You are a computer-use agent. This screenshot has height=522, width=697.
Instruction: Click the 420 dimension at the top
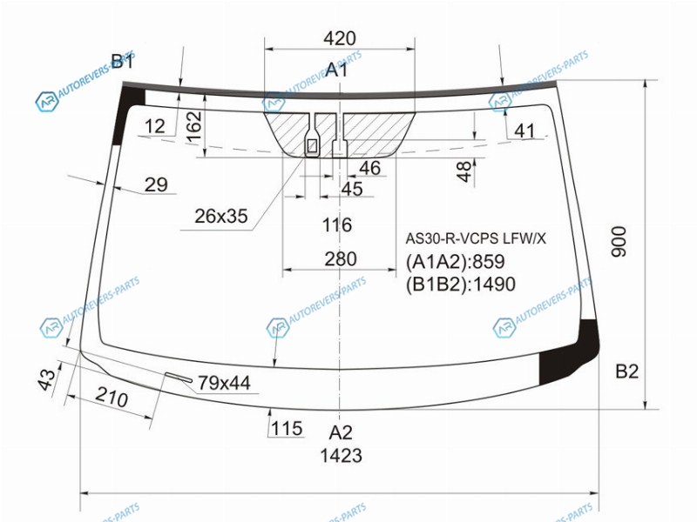pos(340,38)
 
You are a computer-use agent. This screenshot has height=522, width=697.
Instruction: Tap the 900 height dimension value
pos(619,242)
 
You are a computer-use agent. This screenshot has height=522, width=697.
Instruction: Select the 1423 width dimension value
pos(342,455)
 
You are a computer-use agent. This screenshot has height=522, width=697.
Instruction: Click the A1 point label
pos(336,70)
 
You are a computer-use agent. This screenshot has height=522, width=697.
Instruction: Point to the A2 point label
pos(341,432)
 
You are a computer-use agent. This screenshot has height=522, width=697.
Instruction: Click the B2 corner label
pos(626,371)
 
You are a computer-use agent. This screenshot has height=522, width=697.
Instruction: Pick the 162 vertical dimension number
pos(194,126)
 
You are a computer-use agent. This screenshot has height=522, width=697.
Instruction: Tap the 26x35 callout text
pos(221,216)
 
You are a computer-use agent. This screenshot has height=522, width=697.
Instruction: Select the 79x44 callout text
pos(224,383)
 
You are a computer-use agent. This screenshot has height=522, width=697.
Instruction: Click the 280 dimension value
pos(341,258)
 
